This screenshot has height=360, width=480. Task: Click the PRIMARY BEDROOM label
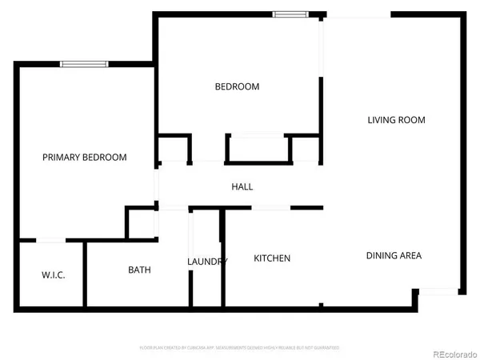click(x=84, y=158)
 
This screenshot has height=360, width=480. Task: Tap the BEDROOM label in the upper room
click(x=237, y=86)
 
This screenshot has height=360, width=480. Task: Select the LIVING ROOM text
click(x=396, y=120)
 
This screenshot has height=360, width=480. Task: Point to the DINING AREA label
click(x=394, y=256)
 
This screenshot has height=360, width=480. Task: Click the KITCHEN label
click(x=272, y=258)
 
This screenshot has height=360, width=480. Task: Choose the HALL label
click(x=242, y=186)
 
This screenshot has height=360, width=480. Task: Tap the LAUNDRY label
click(x=207, y=262)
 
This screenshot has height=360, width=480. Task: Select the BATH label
click(x=139, y=270)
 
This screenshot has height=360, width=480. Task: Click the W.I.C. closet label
click(x=53, y=275)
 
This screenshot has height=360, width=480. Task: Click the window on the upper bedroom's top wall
click(x=288, y=14)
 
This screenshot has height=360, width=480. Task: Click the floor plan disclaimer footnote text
click(x=239, y=348)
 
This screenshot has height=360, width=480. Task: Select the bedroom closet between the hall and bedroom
click(x=258, y=150)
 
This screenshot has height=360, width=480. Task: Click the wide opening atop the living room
click(x=358, y=14)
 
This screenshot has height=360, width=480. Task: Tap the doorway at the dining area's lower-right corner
click(x=437, y=292)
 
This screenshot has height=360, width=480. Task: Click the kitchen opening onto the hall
click(x=270, y=209)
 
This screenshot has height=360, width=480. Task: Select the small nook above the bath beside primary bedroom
click(x=142, y=223)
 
